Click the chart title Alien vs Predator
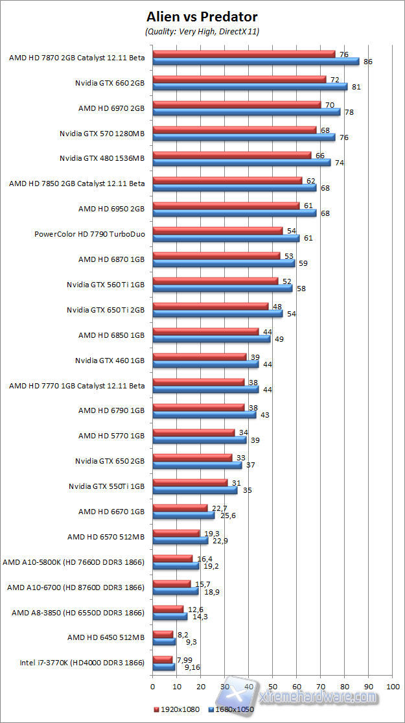pos(202,16)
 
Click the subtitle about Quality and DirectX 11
pos(202,30)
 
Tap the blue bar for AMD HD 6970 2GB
pos(246,112)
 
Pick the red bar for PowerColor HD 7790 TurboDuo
pos(217,230)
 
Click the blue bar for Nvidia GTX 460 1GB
pos(205,364)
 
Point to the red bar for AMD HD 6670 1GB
pos(179,508)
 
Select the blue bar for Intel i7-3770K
pos(163,666)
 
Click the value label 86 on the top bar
pos(368,62)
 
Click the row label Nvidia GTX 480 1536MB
pos(102,158)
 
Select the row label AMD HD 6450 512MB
pos(106,637)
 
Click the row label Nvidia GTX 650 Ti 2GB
pos(106,309)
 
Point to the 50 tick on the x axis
pos(272,685)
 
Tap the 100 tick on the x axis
pos(392,685)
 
